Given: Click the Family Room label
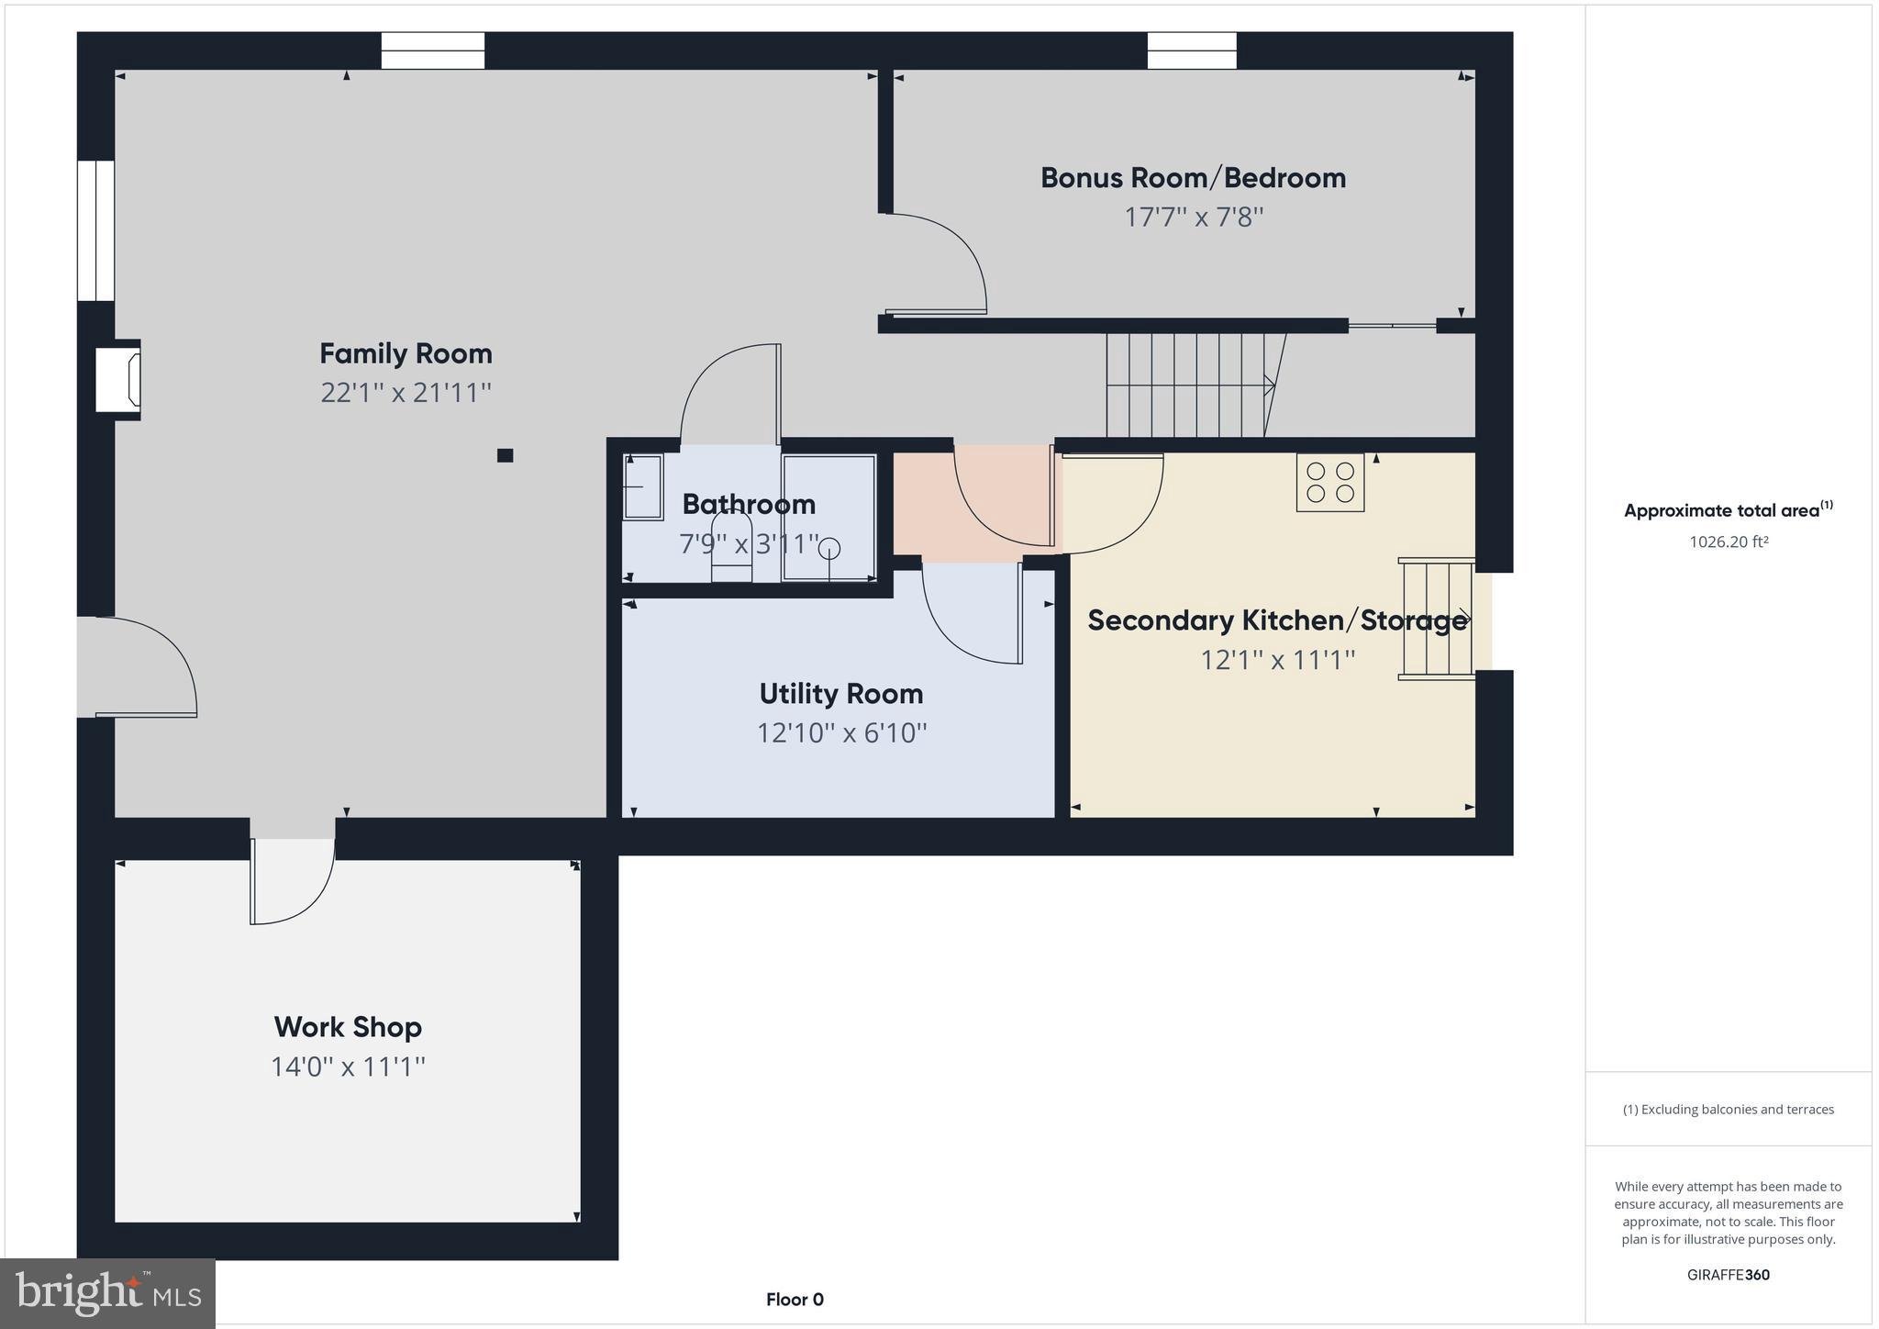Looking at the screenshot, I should coord(406,353).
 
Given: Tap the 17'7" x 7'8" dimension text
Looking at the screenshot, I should coord(1194,218).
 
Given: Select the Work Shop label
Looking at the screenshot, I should coord(348,1026).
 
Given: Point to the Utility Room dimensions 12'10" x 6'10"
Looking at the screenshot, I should coord(841,733).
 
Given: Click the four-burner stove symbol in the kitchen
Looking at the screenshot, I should coord(1329,482).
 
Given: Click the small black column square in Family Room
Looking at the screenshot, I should coord(505,455).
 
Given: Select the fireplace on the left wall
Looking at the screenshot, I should coord(119,379).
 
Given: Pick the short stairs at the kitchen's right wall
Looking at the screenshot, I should coord(1436,620).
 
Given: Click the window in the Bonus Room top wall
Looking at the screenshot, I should coord(1191,50).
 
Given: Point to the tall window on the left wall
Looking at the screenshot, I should coord(95,230).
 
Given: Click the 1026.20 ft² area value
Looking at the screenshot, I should coord(1728,542).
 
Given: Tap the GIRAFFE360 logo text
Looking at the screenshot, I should coord(1728,1275).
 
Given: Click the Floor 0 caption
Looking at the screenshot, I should coord(795,1300).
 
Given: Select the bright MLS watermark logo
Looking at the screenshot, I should coord(108,1293).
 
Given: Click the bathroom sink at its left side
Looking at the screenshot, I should coord(642,487).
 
